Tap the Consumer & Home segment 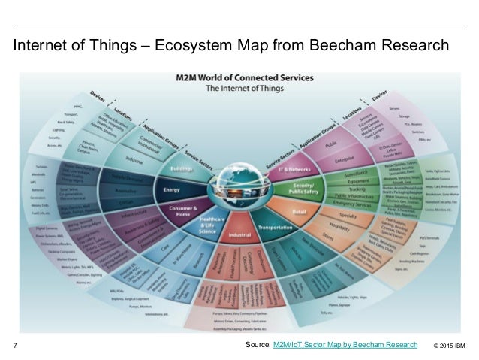pyautogui.click(x=179, y=213)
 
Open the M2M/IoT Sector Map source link pyautogui.click(x=345, y=345)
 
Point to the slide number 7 pyautogui.click(x=16, y=346)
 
